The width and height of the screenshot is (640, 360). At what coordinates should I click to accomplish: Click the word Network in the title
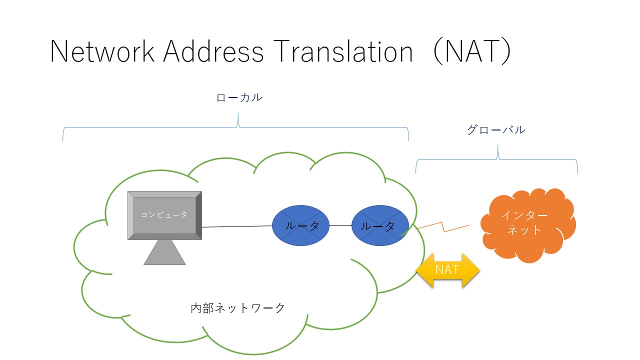tap(102, 51)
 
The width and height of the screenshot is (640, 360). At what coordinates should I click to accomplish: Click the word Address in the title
tap(213, 51)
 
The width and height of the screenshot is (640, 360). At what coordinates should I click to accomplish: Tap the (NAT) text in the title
tap(472, 51)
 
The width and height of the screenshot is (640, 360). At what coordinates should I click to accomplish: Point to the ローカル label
tap(239, 97)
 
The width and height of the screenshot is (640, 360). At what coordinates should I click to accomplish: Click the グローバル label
tap(496, 129)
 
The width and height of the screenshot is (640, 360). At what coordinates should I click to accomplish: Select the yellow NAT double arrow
tap(447, 270)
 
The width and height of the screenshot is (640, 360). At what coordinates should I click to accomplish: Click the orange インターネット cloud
tap(528, 225)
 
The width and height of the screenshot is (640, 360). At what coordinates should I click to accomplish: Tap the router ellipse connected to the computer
tap(300, 225)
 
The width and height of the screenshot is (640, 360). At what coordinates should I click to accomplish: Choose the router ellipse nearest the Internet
tap(380, 225)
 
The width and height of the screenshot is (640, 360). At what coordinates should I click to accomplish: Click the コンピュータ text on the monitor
tap(164, 214)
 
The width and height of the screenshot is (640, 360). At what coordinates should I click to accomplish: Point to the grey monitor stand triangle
tap(164, 253)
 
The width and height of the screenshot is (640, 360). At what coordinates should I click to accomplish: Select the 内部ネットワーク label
tap(237, 308)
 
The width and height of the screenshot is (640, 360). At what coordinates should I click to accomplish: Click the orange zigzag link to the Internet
tap(443, 227)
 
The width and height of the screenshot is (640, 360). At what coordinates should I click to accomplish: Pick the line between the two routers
tap(340, 225)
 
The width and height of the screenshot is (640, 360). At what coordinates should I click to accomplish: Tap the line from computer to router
tap(237, 226)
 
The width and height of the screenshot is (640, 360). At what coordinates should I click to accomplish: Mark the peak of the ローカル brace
tap(238, 113)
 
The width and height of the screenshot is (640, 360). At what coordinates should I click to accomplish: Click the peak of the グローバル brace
tap(497, 145)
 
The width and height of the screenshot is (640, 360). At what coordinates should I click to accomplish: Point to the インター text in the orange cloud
tap(524, 215)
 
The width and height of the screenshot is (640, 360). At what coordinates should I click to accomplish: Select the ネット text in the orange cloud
tap(524, 230)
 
